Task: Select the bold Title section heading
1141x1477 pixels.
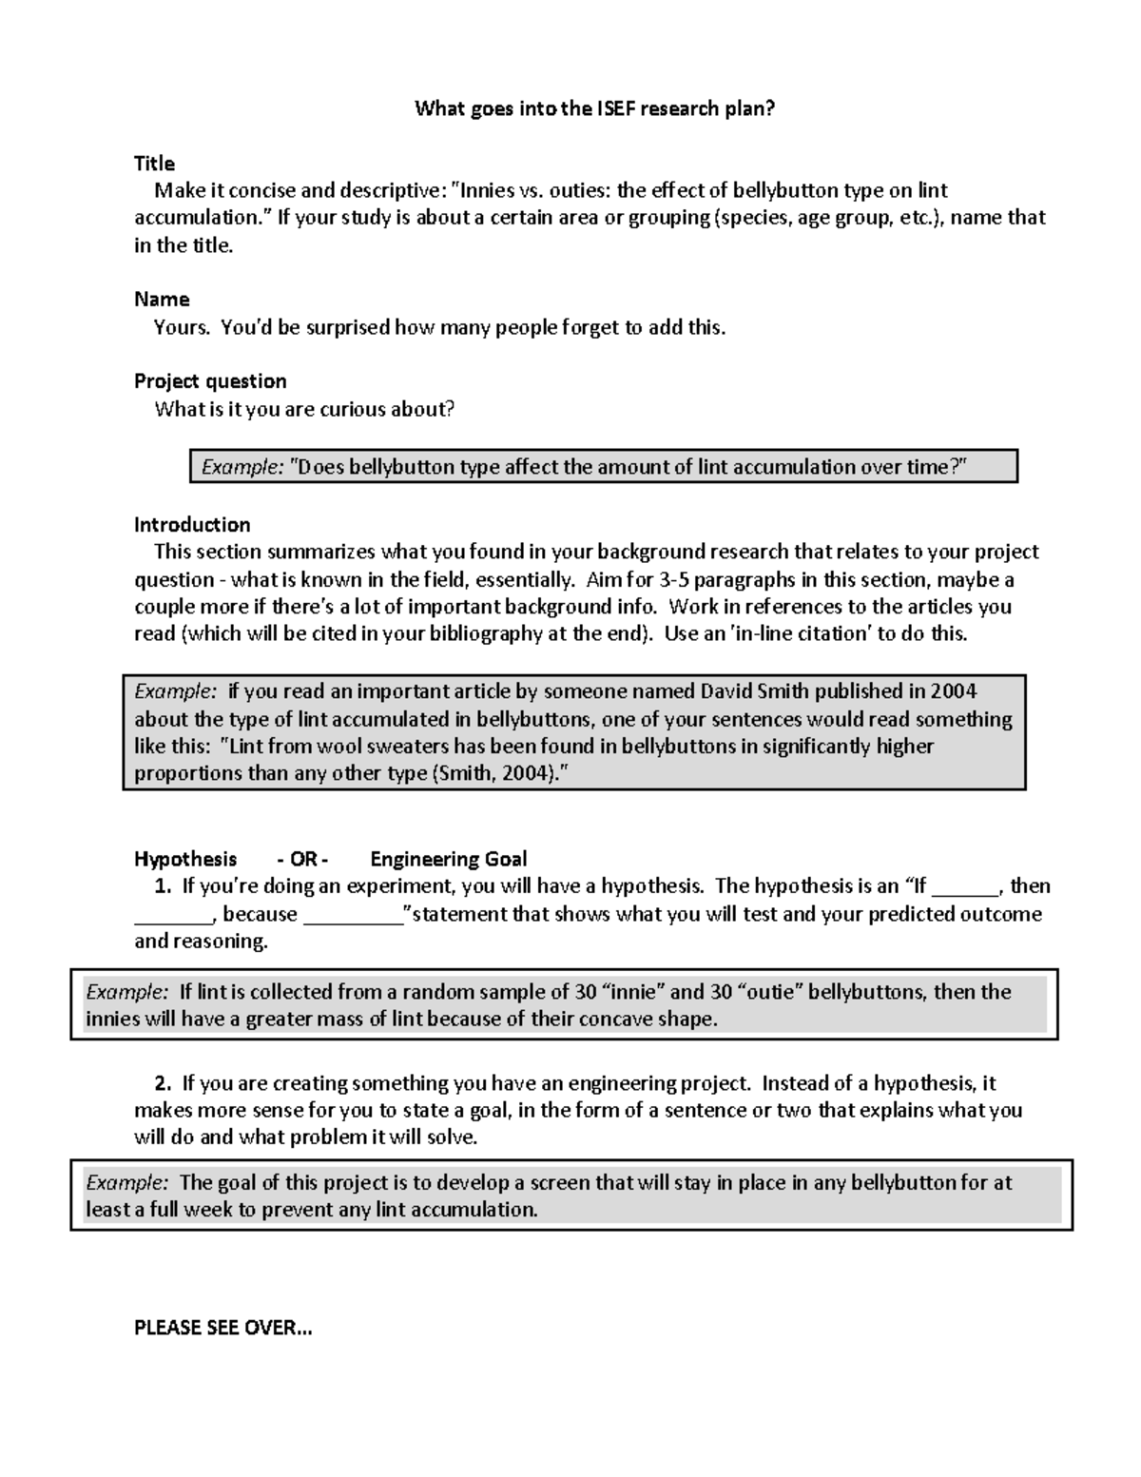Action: pyautogui.click(x=154, y=164)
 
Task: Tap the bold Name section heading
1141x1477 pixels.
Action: pyautogui.click(x=162, y=300)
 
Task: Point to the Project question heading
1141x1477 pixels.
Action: pyautogui.click(x=210, y=381)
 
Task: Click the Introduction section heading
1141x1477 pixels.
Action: pyautogui.click(x=192, y=525)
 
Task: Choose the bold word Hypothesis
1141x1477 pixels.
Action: pyautogui.click(x=185, y=859)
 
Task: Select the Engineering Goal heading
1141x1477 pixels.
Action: pyautogui.click(x=448, y=859)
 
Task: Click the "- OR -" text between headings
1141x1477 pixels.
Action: pyautogui.click(x=302, y=859)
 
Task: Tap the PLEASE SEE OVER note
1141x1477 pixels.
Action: pyautogui.click(x=222, y=1328)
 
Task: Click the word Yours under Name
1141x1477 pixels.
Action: pyautogui.click(x=181, y=328)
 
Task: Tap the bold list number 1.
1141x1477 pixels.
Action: pyautogui.click(x=163, y=886)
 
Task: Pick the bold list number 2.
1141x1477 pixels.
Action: pyautogui.click(x=163, y=1083)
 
